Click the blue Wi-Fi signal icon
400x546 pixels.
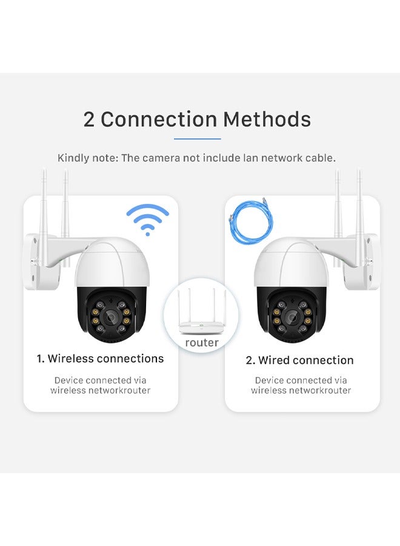tap(147, 220)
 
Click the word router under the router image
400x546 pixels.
tap(202, 343)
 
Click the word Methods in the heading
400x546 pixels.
tap(267, 119)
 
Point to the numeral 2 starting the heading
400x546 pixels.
tap(88, 120)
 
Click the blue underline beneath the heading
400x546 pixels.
tap(197, 138)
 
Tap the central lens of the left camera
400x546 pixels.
tap(112, 317)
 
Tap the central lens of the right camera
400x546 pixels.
tap(291, 317)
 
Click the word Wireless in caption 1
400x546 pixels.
tap(70, 359)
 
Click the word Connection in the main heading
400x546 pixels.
tap(159, 119)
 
